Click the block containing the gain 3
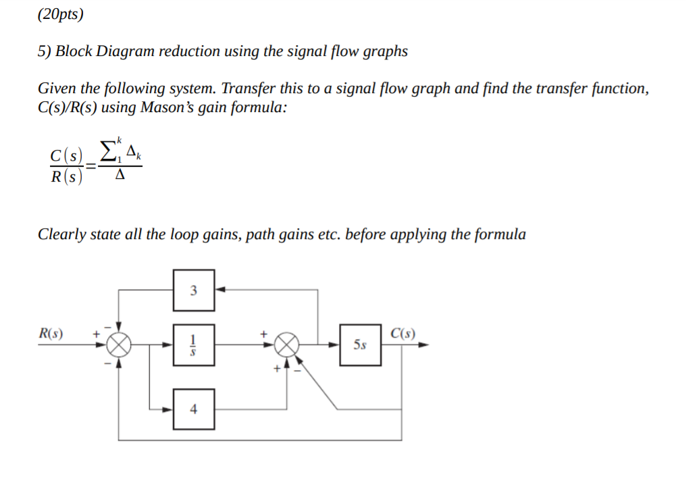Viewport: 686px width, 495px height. point(194,290)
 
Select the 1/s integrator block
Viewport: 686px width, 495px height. point(194,344)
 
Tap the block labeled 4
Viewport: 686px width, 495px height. point(194,409)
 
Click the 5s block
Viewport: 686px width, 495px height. point(361,344)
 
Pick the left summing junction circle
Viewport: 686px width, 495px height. point(119,344)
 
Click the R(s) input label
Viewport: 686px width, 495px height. point(51,333)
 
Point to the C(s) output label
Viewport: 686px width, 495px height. point(403,333)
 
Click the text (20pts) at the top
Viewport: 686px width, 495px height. point(61,15)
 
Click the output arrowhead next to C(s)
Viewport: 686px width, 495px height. point(423,344)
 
